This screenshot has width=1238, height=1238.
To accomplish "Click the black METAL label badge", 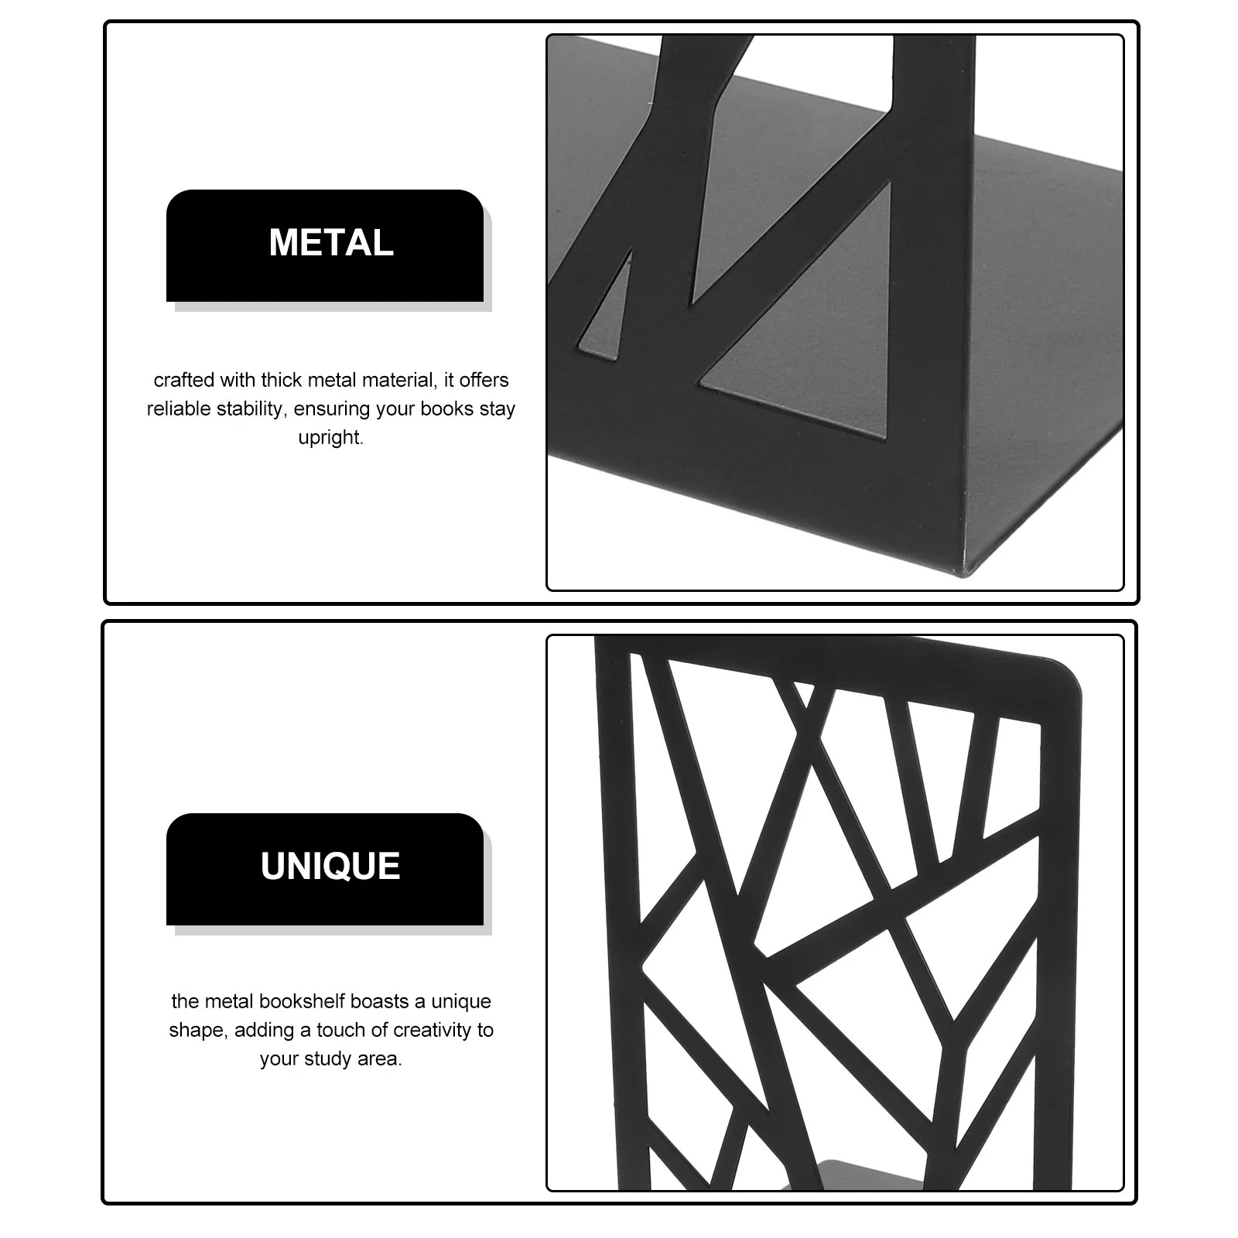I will (325, 245).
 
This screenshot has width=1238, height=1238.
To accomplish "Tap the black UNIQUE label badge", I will (325, 868).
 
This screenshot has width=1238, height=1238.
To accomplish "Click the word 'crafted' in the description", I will (183, 380).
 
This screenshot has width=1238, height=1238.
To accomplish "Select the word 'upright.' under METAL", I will (331, 437).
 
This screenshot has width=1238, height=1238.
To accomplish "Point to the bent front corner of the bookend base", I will (963, 569).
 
